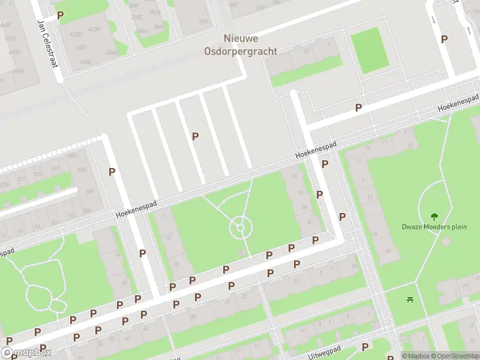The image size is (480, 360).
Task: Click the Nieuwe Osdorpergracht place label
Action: click(x=250, y=45)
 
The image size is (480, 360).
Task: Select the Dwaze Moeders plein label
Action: click(x=434, y=227)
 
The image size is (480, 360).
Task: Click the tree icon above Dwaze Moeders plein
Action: click(x=434, y=216)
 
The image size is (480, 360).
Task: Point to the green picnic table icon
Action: click(x=410, y=299)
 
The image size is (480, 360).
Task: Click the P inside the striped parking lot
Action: click(x=195, y=136)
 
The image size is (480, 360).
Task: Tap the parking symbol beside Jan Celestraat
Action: click(x=60, y=15)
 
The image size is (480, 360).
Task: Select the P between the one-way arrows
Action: click(x=444, y=39)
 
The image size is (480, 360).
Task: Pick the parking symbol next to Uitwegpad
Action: click(x=365, y=347)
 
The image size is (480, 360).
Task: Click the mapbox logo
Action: click(x=26, y=353)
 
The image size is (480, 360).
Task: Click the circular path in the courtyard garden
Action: click(x=240, y=227)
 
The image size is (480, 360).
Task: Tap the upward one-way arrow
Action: click(x=468, y=28)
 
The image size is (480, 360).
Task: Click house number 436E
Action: click(x=86, y=61)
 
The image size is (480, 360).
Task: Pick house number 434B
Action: click(x=112, y=52)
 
